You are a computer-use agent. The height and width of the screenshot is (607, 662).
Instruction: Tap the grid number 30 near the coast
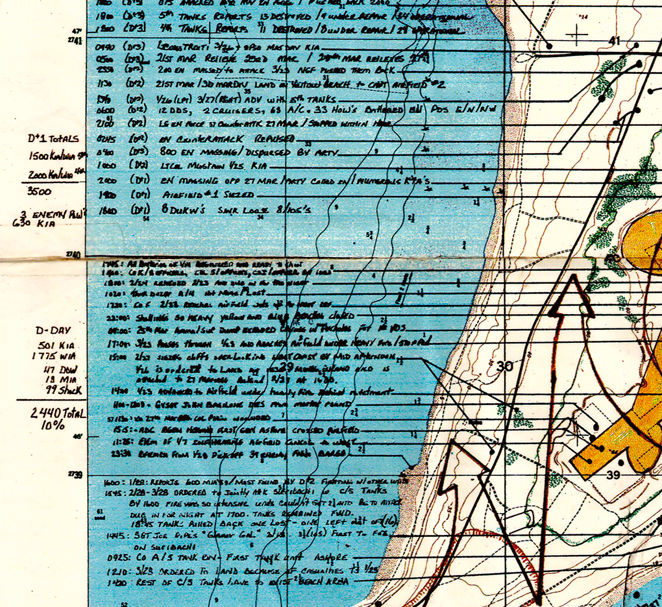(505, 367)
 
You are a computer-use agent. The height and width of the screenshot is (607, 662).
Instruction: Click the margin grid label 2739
(75, 475)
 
